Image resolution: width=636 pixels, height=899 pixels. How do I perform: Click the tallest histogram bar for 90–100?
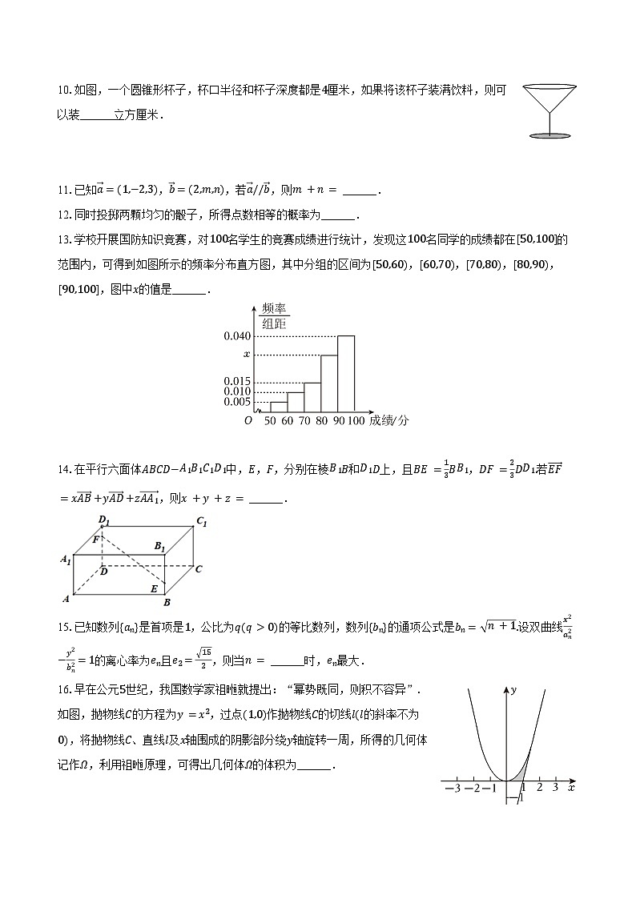tap(345, 373)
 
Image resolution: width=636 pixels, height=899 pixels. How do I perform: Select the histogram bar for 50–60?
tap(278, 407)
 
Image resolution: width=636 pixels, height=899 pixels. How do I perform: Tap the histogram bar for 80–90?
tap(328, 383)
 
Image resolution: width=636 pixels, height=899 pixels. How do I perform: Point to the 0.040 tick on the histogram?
tap(237, 336)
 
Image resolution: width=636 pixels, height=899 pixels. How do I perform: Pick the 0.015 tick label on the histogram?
tap(237, 381)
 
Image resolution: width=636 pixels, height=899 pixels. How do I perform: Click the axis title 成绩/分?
tap(389, 421)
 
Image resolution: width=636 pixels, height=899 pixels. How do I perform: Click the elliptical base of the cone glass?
tap(549, 135)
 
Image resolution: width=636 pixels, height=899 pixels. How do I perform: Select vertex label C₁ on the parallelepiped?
tap(202, 522)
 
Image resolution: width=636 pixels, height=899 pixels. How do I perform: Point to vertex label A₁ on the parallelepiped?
tap(66, 560)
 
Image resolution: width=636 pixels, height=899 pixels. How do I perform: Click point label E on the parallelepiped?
tap(154, 588)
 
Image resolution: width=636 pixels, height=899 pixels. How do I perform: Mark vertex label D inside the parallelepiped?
tap(104, 572)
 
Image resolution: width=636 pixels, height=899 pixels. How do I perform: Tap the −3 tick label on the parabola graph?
tap(451, 789)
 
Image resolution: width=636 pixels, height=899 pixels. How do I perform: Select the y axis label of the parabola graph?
tap(513, 688)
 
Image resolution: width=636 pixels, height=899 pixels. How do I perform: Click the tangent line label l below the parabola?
tap(521, 798)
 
